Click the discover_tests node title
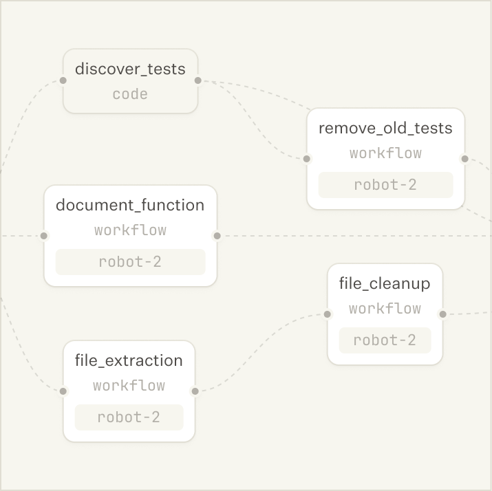[x=130, y=69]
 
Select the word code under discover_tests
[x=130, y=94]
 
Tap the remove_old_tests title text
[x=385, y=128]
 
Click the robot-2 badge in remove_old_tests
[x=385, y=185]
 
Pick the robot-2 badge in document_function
[x=130, y=262]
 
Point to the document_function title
[x=130, y=205]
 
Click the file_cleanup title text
[x=385, y=283]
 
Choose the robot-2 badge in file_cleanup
[x=385, y=340]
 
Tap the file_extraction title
[x=129, y=360]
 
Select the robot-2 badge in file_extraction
[x=129, y=417]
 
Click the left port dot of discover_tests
[x=63, y=80]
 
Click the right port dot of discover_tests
[x=197, y=80]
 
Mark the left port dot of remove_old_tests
[x=307, y=159]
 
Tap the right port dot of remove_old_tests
[x=464, y=159]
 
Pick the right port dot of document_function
[x=217, y=236]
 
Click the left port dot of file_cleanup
[x=328, y=314]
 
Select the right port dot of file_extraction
[x=195, y=391]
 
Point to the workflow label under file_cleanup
[x=385, y=309]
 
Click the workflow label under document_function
[x=130, y=230]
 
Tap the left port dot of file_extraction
[x=63, y=391]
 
